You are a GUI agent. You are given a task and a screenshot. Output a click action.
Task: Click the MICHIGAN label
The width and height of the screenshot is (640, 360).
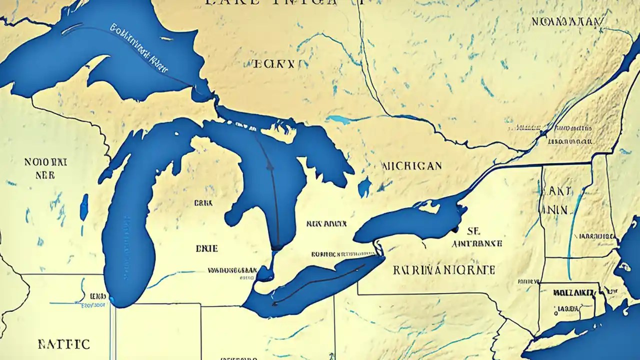click(x=411, y=165)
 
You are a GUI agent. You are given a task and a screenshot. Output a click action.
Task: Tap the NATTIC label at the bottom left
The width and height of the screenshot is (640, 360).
click(x=63, y=344)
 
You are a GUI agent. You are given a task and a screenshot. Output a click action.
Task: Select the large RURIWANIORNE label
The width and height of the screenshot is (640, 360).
click(x=444, y=270)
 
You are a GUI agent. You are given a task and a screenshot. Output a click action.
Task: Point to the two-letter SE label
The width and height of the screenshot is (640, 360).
click(x=473, y=230)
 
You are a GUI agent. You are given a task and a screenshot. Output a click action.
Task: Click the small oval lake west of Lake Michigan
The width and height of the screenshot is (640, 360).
click(x=84, y=207)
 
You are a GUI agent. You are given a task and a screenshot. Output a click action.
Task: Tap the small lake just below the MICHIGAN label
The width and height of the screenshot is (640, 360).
click(x=364, y=187)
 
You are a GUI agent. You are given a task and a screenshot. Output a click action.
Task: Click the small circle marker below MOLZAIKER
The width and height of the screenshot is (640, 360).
click(x=555, y=313)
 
